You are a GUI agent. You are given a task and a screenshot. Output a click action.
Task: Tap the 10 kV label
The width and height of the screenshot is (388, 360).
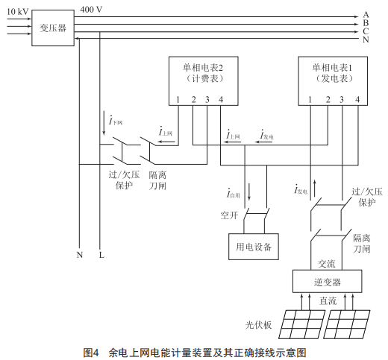coord(18,12)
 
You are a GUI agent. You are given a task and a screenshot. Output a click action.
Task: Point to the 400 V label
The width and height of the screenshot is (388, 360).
coord(91,10)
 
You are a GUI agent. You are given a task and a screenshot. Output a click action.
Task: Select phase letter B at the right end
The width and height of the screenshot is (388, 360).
coord(366,23)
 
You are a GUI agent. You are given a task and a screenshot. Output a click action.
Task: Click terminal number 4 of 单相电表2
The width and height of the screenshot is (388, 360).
coord(221,100)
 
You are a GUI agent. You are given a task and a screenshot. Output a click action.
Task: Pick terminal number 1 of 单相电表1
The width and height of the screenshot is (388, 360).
coord(310,100)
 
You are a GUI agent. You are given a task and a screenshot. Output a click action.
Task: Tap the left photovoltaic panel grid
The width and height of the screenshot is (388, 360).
coord(301,324)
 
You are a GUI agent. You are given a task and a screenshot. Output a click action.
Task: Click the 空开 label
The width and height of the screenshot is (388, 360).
coord(229,215)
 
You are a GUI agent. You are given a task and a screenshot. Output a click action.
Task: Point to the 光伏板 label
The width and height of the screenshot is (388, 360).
coord(258,325)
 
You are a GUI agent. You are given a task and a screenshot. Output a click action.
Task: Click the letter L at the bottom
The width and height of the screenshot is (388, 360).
coord(101,255)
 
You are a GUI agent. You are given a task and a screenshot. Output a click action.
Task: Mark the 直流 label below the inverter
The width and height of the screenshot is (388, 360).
coord(328,301)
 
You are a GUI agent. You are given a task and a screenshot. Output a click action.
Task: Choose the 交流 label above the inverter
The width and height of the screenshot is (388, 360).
coord(327,264)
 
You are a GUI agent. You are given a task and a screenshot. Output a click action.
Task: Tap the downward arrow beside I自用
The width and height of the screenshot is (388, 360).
coord(249,192)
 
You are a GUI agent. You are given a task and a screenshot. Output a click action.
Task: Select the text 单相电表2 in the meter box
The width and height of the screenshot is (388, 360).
coord(203,68)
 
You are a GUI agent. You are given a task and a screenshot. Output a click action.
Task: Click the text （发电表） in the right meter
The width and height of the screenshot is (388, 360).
coord(334,79)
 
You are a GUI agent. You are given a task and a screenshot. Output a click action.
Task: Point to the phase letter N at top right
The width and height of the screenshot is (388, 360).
coord(366,40)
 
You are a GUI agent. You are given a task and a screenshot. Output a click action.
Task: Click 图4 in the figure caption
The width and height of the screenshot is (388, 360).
coord(91,353)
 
